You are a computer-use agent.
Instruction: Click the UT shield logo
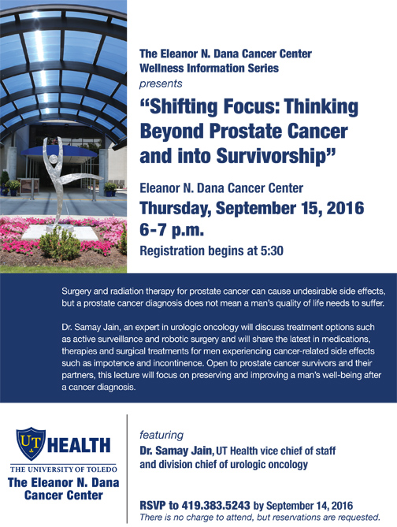click(x=31, y=443)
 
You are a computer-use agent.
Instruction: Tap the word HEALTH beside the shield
click(x=79, y=445)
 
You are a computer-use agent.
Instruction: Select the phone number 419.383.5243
click(x=216, y=506)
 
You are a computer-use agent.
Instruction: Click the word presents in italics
click(x=161, y=84)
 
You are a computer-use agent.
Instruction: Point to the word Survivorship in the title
click(x=272, y=156)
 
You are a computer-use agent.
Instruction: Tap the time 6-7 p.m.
click(x=172, y=230)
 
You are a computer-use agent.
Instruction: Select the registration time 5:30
click(x=272, y=251)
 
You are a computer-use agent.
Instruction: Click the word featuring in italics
click(x=161, y=435)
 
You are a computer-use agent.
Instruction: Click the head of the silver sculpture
click(x=53, y=159)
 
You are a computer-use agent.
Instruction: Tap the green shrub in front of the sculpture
click(x=60, y=243)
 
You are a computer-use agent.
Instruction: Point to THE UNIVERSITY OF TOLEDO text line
click(x=64, y=469)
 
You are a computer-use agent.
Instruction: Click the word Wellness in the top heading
click(x=161, y=69)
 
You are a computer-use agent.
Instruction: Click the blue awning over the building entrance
click(x=60, y=151)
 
